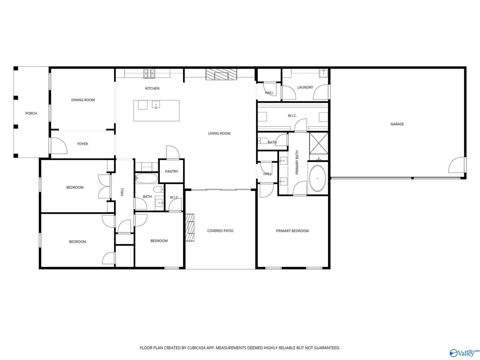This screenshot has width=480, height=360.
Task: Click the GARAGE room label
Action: (397, 124)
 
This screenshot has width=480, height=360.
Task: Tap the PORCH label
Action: (31, 113)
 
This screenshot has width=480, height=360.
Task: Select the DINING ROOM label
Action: (83, 100)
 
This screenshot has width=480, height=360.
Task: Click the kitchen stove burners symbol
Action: (149, 73)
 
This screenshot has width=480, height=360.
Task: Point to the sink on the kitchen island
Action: (156, 105)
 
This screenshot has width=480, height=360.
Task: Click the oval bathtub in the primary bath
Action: (318, 178)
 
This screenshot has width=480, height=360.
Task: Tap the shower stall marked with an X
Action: (319, 143)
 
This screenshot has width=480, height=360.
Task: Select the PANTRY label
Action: (171, 171)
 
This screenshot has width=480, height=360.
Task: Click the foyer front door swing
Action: (58, 145)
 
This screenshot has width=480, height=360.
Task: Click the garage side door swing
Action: (456, 165)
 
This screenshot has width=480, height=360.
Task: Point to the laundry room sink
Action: (323, 73)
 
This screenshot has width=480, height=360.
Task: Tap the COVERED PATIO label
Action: (220, 231)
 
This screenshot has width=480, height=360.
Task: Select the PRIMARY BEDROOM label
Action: (292, 231)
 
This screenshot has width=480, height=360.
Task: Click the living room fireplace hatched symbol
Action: (221, 74)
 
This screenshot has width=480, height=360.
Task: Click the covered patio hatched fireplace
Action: (190, 227)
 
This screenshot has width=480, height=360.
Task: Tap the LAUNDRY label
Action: (305, 87)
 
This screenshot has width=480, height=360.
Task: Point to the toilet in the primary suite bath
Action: (263, 141)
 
